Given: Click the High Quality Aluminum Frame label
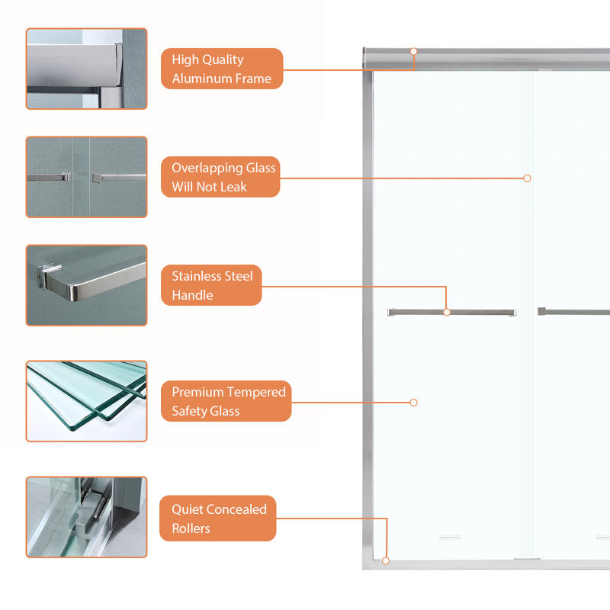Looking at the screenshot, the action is pyautogui.click(x=222, y=69).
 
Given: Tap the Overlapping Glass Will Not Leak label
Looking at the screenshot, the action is pyautogui.click(x=220, y=177).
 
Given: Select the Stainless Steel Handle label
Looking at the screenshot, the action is pyautogui.click(x=211, y=285).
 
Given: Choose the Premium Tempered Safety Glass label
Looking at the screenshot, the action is pyautogui.click(x=226, y=401).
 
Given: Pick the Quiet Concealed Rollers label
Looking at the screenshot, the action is pyautogui.click(x=218, y=518).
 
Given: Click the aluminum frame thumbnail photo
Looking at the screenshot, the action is pyautogui.click(x=86, y=69).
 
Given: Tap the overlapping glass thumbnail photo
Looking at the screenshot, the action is pyautogui.click(x=86, y=177).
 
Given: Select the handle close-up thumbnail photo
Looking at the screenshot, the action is pyautogui.click(x=86, y=285).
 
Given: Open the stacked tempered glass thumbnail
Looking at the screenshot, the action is pyautogui.click(x=86, y=401).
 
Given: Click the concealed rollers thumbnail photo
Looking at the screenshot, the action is pyautogui.click(x=86, y=517).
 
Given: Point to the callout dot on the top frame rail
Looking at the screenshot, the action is pyautogui.click(x=413, y=51).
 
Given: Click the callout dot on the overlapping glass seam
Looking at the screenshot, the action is pyautogui.click(x=527, y=178).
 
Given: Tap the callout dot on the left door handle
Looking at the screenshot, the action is pyautogui.click(x=447, y=312).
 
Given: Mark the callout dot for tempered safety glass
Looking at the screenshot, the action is pyautogui.click(x=413, y=403).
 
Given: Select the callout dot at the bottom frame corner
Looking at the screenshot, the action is pyautogui.click(x=386, y=560).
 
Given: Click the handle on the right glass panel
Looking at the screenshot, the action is pyautogui.click(x=574, y=312).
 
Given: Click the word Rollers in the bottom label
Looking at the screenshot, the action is pyautogui.click(x=191, y=528).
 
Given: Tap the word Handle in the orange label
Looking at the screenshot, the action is pyautogui.click(x=193, y=295).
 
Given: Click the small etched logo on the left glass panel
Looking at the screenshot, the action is pyautogui.click(x=450, y=538).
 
